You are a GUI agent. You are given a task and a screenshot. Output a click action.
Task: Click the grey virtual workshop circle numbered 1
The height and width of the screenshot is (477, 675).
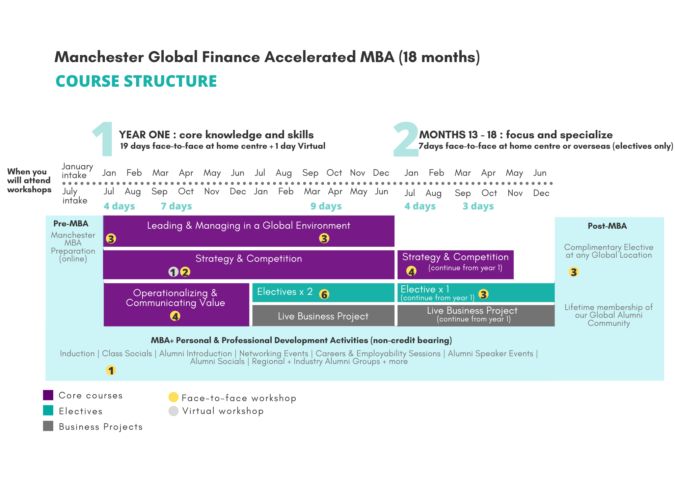[173, 272]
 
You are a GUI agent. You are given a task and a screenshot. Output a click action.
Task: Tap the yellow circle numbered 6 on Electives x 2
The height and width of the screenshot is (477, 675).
[324, 294]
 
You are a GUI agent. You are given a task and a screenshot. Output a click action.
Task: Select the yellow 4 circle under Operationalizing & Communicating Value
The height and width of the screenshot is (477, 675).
[175, 316]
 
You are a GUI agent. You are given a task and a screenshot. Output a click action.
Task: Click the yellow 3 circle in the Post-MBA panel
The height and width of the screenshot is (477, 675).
[573, 272]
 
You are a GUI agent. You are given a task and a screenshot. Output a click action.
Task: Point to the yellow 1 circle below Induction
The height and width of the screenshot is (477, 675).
[111, 370]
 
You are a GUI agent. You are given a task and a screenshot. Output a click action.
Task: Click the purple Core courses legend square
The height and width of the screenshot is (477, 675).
[48, 395]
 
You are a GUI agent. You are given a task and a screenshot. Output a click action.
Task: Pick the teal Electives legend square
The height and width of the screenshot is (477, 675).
[48, 411]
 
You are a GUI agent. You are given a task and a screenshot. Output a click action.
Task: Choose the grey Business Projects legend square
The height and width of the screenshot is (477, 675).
[48, 426]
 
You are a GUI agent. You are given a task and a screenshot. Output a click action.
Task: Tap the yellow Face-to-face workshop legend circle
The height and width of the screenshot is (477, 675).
[173, 397]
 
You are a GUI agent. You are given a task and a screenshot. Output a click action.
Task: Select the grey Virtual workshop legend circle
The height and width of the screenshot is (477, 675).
[173, 411]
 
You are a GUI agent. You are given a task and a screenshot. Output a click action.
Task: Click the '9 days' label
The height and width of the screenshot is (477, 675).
[326, 206]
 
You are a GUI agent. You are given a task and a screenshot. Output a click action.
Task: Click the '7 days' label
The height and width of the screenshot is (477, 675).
[176, 206]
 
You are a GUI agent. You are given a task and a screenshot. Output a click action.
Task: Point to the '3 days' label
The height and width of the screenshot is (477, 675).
[478, 206]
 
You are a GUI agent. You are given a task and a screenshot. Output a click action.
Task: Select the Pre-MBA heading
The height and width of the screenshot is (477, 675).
[71, 224]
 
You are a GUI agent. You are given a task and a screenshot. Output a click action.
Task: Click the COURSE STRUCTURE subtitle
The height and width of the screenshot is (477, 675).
[136, 81]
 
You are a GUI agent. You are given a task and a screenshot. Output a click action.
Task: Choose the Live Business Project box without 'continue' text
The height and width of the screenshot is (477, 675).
[323, 315]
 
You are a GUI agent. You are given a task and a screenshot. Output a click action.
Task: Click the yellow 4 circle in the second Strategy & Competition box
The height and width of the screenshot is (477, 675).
[411, 271]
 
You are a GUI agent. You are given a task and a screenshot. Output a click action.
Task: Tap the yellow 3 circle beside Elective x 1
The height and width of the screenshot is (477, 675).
[483, 294]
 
